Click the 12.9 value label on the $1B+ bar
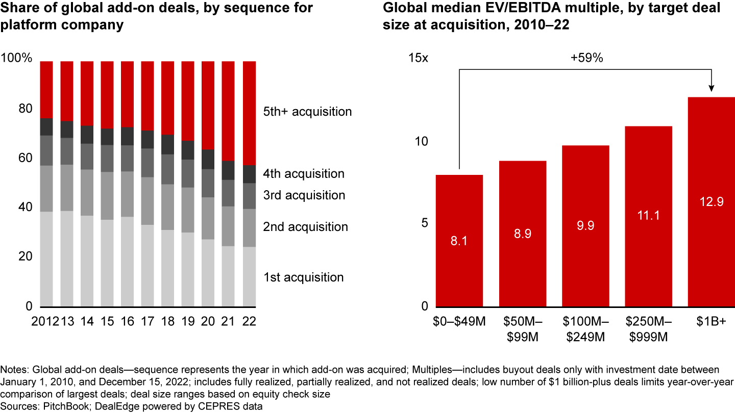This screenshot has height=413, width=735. (x=711, y=202)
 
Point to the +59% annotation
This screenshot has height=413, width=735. (x=586, y=58)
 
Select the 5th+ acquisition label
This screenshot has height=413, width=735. (x=307, y=111)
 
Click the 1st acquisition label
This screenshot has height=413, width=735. (x=303, y=277)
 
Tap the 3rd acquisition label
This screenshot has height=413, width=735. (x=304, y=195)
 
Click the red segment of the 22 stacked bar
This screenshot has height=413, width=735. (x=249, y=113)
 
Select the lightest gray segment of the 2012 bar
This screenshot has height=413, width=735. (x=47, y=259)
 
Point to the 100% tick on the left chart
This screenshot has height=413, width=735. (x=17, y=58)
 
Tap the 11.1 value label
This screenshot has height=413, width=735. (x=648, y=215)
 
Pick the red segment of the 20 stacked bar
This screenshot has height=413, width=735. (x=209, y=105)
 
